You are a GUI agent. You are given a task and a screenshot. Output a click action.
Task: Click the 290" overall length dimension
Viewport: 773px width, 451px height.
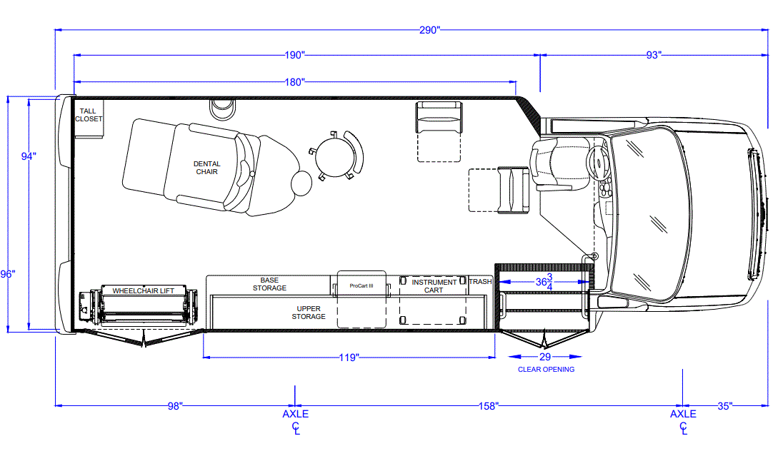(x=429, y=31)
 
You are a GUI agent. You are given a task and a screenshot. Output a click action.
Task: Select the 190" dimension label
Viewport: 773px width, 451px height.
(x=295, y=55)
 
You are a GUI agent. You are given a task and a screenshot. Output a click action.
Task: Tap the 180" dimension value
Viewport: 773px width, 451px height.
(x=295, y=82)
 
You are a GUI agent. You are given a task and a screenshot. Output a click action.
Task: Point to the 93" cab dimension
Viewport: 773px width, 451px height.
(x=654, y=55)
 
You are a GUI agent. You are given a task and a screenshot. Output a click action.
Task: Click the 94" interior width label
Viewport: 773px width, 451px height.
(x=29, y=156)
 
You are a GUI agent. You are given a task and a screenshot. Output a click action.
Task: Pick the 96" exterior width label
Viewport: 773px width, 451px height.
(x=8, y=274)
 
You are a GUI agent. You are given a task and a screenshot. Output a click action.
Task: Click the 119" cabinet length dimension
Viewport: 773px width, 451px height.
(x=349, y=358)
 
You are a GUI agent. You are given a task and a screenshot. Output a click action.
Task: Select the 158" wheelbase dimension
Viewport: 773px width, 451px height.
(x=489, y=406)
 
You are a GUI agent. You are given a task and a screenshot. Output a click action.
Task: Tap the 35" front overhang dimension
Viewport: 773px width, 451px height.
(x=724, y=406)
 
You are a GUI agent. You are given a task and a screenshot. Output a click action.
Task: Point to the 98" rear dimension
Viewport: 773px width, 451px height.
(x=175, y=406)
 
